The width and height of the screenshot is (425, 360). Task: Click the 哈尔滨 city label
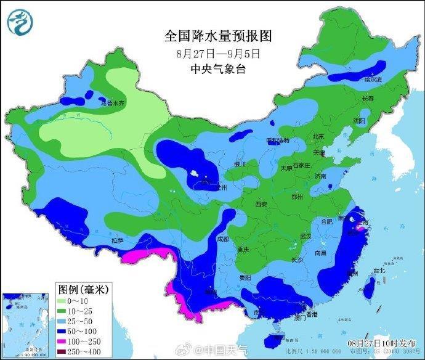pos(373,80)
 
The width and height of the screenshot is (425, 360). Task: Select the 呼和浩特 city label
pos(279,141)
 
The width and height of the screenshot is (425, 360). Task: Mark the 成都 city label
pos(222,239)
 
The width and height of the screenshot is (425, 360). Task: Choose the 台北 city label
pos(378,270)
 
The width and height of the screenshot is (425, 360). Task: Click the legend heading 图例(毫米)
pos(83,288)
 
